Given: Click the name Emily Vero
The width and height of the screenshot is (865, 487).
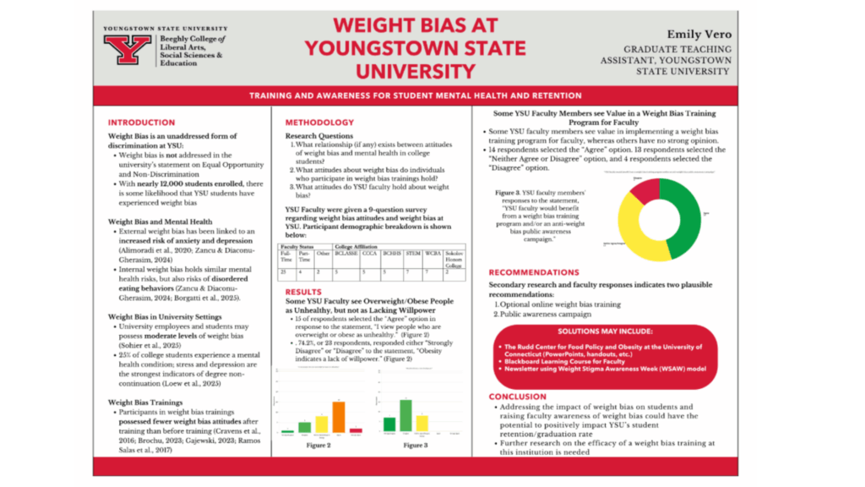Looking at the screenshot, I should point(699,35).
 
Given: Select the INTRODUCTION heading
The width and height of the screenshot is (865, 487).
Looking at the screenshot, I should point(141,123).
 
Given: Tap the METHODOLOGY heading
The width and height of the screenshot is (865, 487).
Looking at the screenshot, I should point(319,123).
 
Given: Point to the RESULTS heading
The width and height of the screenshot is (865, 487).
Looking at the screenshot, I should point(303,291).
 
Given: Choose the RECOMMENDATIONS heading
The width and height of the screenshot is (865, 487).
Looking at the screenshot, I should point(545,273).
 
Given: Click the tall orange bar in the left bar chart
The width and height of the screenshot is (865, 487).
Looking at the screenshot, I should point(339,415).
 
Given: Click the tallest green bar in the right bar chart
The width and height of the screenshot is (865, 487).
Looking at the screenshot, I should point(405,413).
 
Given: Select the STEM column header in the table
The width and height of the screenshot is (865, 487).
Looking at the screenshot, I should point(412,253).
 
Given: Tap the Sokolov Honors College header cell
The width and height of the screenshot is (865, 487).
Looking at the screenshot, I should point(454,257).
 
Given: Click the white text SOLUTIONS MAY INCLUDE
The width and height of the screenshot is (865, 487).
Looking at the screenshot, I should point(606,331).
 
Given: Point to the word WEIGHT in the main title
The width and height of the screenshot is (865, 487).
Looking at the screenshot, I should point(367,25).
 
